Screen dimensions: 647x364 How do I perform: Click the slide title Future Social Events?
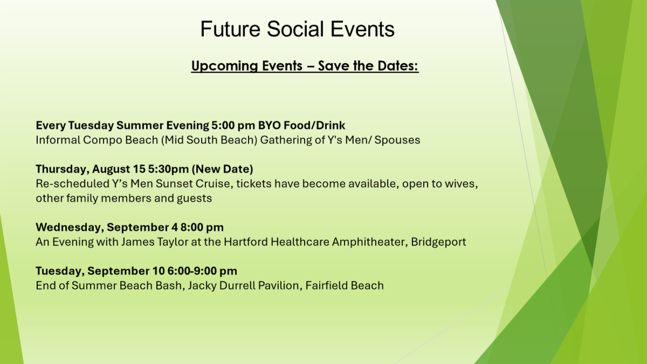click(x=297, y=29)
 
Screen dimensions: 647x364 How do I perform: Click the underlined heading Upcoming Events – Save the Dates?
click(x=305, y=66)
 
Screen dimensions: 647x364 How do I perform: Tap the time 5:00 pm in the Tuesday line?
click(x=233, y=125)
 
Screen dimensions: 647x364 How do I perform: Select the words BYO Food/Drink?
click(x=301, y=125)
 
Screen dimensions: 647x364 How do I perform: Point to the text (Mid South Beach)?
click(x=209, y=140)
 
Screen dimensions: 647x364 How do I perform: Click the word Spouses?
click(x=397, y=140)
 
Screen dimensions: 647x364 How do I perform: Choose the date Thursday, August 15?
click(x=91, y=169)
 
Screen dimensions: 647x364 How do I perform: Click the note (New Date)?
click(x=222, y=169)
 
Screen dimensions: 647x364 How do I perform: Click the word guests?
click(x=194, y=198)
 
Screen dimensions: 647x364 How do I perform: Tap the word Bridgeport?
click(x=438, y=242)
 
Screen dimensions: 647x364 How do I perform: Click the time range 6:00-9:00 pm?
click(x=202, y=271)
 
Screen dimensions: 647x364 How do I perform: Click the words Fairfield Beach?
click(x=345, y=285)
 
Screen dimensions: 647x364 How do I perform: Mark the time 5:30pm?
click(x=168, y=169)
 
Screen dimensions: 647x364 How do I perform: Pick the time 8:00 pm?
click(x=202, y=228)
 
